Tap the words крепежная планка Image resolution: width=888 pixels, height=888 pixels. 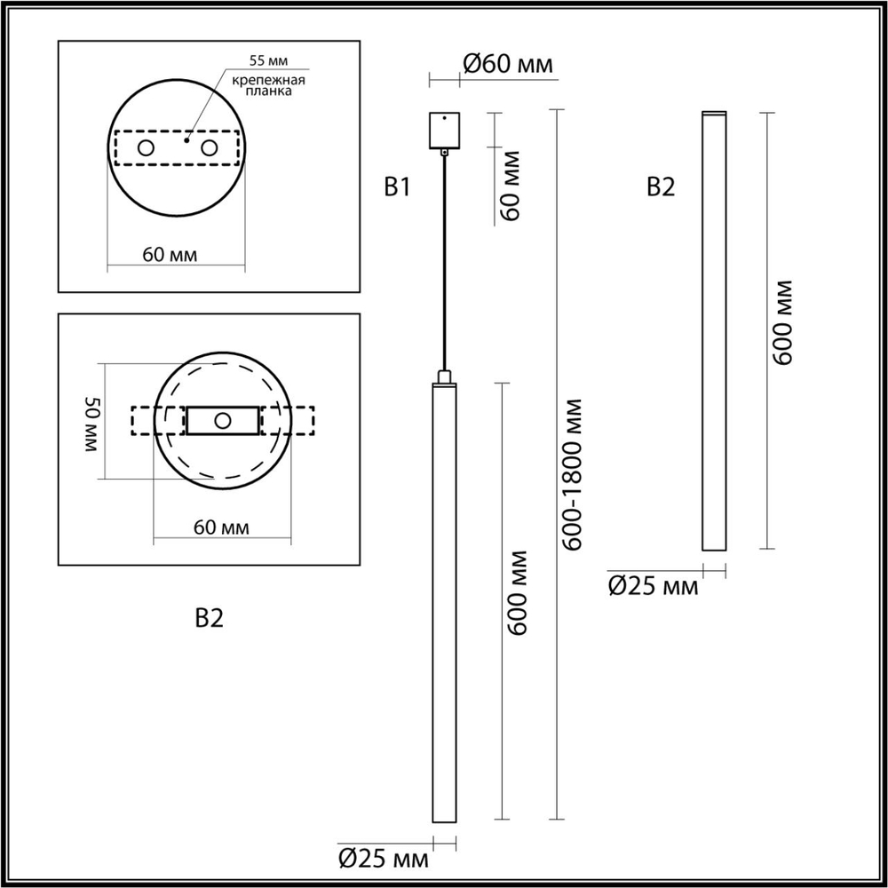(269, 86)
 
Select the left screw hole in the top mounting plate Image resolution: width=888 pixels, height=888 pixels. (145, 148)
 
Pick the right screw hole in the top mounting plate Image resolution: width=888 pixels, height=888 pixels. (210, 148)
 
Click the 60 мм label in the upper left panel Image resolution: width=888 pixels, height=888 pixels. (170, 255)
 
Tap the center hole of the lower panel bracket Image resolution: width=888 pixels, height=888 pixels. (223, 420)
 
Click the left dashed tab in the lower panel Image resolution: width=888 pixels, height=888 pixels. (145, 420)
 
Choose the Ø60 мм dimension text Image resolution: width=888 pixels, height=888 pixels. (508, 64)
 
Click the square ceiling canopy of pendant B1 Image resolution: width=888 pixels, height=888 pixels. (443, 130)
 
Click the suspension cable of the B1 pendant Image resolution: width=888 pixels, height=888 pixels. (443, 266)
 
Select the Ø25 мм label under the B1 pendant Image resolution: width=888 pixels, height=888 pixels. (384, 859)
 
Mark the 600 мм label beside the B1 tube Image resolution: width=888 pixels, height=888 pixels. (519, 593)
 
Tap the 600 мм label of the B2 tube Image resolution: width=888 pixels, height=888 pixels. (783, 321)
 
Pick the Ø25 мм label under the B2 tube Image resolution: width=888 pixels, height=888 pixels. (653, 586)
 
